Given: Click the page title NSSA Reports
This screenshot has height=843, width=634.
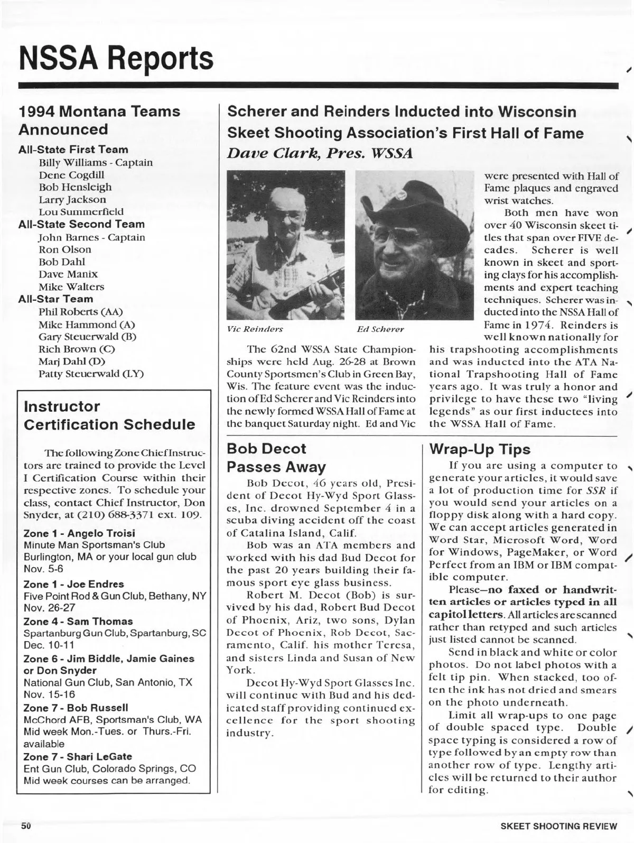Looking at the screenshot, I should coord(116,58).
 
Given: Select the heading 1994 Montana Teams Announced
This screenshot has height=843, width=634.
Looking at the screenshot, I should coord(99,120).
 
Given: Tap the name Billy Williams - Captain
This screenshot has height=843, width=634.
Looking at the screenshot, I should coord(96,162).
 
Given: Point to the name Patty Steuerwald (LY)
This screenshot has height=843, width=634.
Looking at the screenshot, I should coord(91,374).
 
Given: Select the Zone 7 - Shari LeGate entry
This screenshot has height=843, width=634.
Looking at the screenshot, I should coord(78,756).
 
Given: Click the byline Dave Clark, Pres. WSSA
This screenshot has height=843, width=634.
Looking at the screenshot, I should coord(319,153).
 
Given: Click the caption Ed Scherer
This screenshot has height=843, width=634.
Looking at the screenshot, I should coord(380,329).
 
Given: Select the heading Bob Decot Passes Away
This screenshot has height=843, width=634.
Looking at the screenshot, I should coord(276,458).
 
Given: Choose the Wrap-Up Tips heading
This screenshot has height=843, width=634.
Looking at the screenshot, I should coord(480,449).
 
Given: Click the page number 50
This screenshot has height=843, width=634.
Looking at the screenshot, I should coord(26,825).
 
